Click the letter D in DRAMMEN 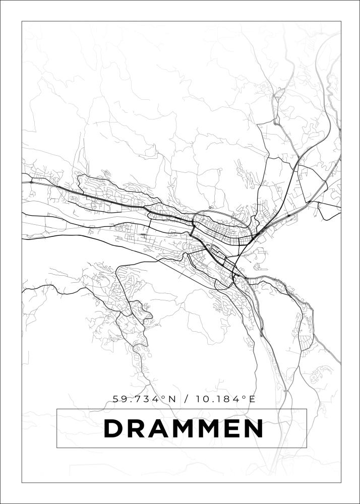click(114, 428)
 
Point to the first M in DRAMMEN click(186, 428)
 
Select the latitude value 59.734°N click(144, 399)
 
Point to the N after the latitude click(171, 399)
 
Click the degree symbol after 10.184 click(245, 397)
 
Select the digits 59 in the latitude click(119, 399)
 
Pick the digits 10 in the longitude click(202, 399)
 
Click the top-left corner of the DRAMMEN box click(57, 409)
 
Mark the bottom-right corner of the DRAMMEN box click(307, 448)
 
